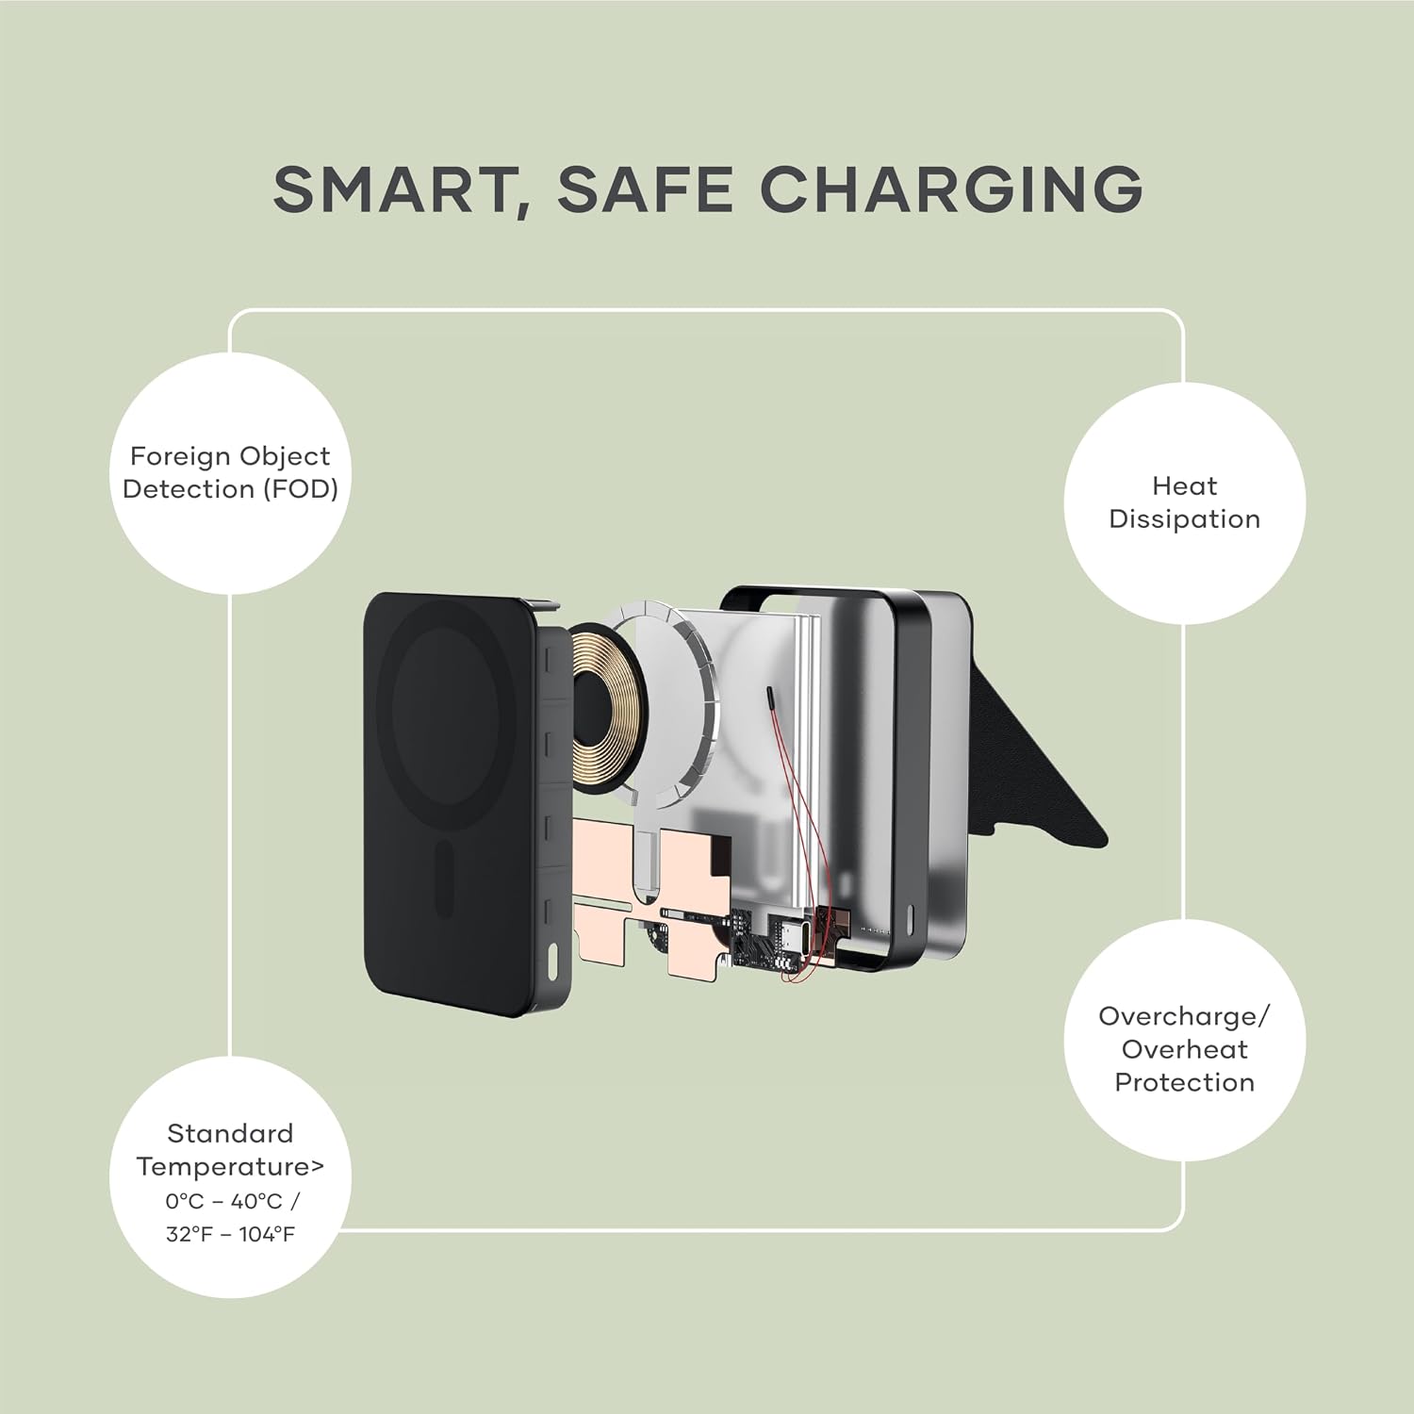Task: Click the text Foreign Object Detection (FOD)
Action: click(x=231, y=472)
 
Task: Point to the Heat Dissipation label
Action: click(x=1184, y=502)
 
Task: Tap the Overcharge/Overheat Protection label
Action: click(x=1185, y=1048)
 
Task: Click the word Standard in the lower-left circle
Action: click(x=230, y=1133)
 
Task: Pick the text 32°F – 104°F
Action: click(x=231, y=1234)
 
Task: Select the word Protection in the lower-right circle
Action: click(x=1185, y=1082)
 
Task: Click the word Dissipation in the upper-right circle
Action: click(x=1184, y=519)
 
